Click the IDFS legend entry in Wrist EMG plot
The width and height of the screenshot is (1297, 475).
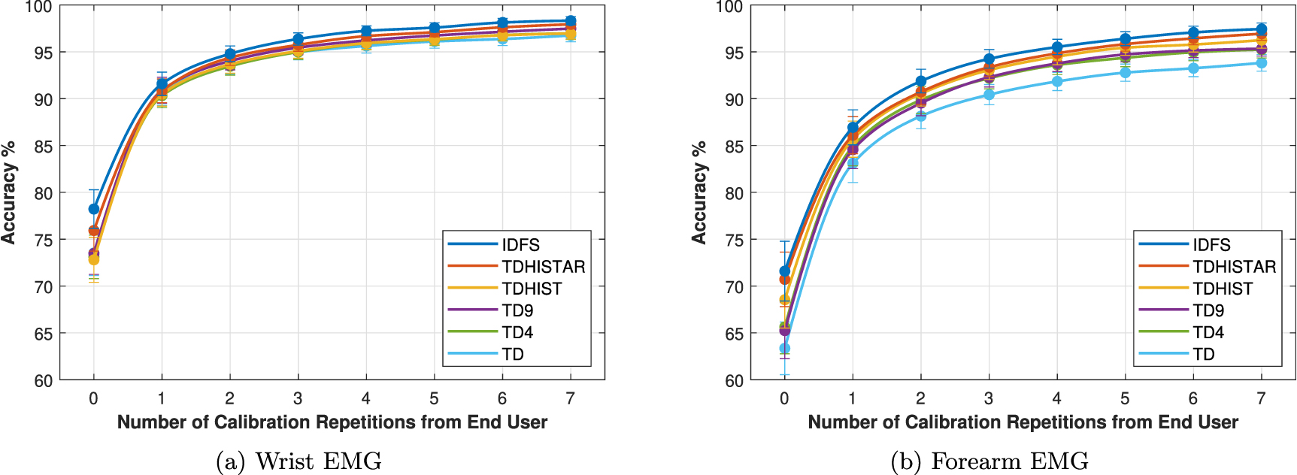520,245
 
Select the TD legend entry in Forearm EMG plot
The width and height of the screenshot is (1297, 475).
1203,354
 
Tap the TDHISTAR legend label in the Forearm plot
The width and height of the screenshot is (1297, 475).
1234,267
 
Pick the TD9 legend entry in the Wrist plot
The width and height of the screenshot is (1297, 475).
517,310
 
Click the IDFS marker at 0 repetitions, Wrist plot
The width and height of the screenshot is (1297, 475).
94,209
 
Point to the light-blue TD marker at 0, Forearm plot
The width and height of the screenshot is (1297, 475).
784,349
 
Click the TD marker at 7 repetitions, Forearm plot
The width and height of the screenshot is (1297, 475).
1261,63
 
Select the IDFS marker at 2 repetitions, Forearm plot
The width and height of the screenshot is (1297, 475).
920,81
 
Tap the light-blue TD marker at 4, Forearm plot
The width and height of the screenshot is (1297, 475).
1057,81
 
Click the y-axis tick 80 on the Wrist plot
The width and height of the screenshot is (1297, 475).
43,193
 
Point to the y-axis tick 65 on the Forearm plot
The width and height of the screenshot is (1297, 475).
734,334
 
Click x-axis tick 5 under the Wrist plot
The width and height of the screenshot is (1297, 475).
434,398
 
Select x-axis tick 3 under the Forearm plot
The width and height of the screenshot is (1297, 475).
988,398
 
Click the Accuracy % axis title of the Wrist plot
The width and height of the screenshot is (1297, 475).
9,192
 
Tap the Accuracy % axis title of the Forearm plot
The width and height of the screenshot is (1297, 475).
699,192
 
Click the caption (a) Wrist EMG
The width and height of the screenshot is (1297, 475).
298,461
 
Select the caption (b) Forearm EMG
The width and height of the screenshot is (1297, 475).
989,461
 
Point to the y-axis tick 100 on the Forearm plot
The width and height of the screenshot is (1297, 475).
729,8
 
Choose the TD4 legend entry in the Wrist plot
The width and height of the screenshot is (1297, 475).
517,332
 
